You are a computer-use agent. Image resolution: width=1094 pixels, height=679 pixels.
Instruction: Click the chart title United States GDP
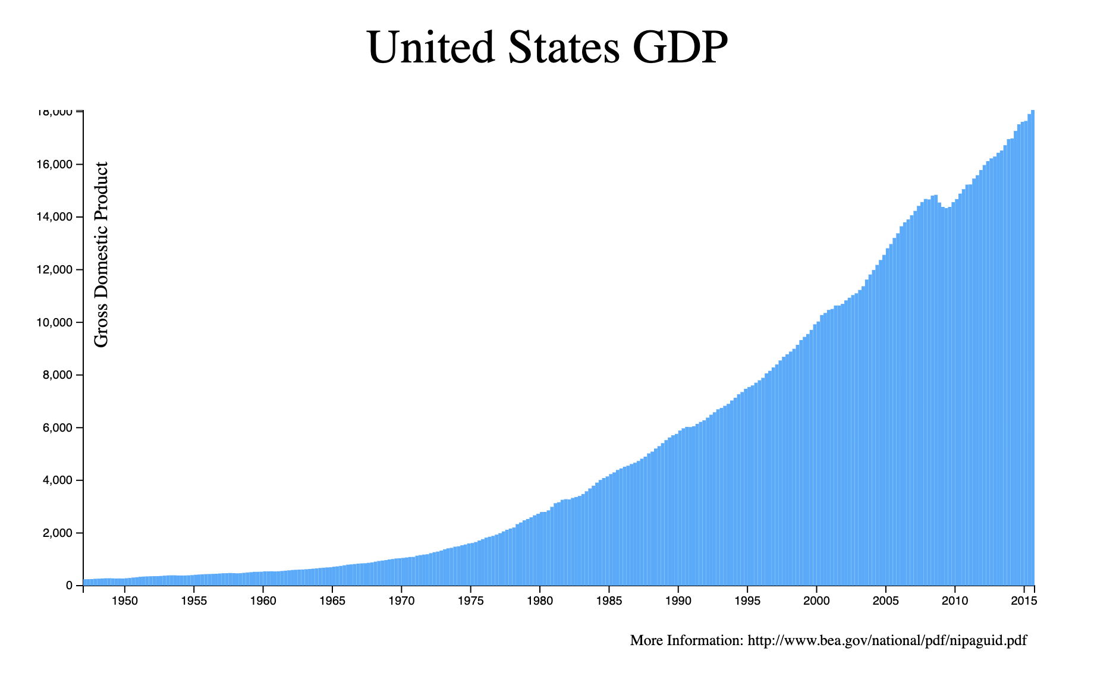[x=547, y=48]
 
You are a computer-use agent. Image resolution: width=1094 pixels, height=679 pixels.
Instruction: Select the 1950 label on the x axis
[x=124, y=601]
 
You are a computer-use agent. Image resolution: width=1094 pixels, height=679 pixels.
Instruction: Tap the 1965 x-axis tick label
[x=332, y=601]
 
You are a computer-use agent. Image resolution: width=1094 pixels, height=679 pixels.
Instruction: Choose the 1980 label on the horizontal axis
[x=540, y=601]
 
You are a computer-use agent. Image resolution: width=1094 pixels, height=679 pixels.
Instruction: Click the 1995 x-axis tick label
[x=747, y=601]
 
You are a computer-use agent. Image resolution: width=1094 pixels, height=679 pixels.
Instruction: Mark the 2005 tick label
[x=886, y=601]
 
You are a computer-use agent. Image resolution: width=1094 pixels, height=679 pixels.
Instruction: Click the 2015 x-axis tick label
[x=1024, y=601]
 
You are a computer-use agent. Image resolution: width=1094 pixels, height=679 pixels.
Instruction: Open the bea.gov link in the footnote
[x=887, y=641]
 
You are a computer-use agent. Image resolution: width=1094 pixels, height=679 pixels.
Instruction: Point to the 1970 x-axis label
[x=401, y=601]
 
